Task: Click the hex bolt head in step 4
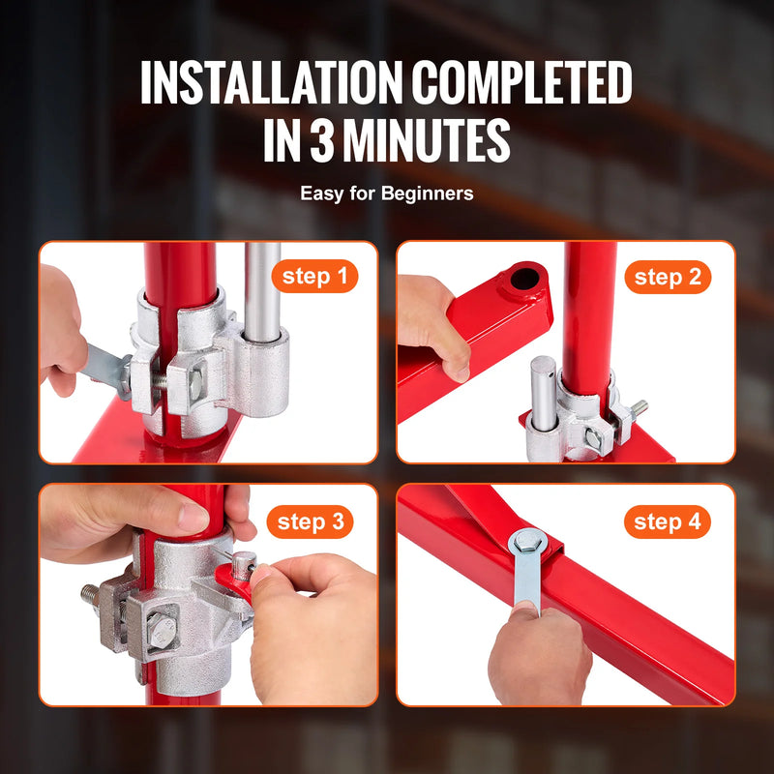coord(526,541)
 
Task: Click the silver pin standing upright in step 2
coord(544,392)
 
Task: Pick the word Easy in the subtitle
coord(319,193)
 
